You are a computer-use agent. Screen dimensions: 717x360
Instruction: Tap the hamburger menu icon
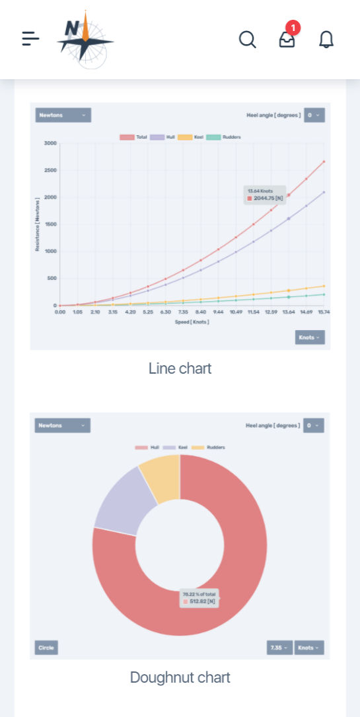(x=30, y=40)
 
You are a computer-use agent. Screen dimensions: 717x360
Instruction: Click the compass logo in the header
(x=85, y=40)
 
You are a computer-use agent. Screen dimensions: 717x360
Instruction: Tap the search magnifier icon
(x=247, y=40)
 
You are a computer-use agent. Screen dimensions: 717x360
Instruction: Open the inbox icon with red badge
(x=287, y=40)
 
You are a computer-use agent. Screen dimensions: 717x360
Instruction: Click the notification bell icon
(x=326, y=40)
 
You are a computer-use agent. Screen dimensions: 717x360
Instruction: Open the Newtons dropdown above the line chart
(x=63, y=115)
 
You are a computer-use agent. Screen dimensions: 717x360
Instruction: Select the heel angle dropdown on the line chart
(x=314, y=115)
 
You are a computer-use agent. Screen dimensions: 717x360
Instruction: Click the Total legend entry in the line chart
(x=134, y=137)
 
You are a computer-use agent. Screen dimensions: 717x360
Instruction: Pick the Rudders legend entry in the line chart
(x=224, y=137)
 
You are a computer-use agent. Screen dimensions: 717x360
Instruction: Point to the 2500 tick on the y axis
(x=50, y=170)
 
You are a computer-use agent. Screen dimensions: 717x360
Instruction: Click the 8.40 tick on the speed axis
(x=201, y=312)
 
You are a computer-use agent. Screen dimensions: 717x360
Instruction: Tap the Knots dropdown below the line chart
(x=310, y=337)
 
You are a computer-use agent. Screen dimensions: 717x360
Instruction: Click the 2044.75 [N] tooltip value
(x=268, y=197)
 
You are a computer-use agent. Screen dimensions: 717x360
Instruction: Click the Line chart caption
(x=180, y=368)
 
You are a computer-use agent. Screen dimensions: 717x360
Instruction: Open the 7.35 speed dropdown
(x=279, y=648)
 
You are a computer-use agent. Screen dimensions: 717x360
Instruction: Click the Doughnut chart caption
(x=180, y=677)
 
